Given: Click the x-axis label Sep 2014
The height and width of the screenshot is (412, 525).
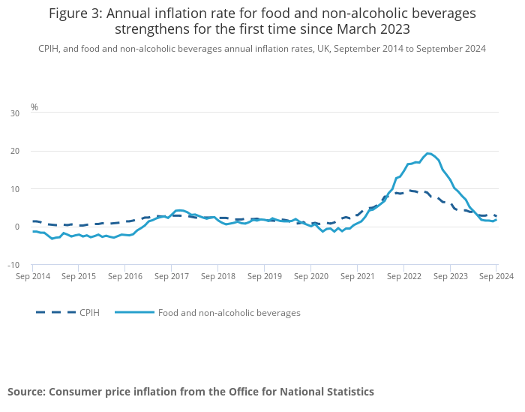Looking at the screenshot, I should (33, 276).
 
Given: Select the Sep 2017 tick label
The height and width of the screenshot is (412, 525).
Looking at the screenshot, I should (172, 276).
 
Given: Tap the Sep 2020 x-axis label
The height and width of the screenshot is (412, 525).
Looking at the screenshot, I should (311, 276).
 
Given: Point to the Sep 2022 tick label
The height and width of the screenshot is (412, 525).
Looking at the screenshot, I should (404, 276).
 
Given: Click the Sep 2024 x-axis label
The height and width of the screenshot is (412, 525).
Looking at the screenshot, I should (496, 276).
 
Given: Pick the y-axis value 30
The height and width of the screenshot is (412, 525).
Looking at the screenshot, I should (15, 113).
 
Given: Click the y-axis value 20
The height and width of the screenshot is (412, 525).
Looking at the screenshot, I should (15, 151).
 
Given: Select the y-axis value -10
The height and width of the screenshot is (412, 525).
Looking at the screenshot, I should (13, 265).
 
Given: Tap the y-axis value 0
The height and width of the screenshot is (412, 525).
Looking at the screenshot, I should (17, 227).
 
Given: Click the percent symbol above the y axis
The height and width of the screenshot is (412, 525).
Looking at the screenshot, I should (34, 107).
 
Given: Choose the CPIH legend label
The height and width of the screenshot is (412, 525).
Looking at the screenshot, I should (89, 313).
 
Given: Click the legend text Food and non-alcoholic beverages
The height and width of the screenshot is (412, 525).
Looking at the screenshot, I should (229, 313).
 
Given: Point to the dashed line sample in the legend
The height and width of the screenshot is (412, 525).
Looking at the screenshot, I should (55, 312).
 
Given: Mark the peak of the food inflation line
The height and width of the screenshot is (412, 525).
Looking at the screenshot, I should (428, 153).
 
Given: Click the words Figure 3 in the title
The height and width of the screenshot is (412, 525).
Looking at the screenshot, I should (74, 14).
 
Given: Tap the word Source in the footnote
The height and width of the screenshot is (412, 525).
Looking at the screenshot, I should (27, 392).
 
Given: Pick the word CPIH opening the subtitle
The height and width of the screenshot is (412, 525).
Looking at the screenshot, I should (49, 49).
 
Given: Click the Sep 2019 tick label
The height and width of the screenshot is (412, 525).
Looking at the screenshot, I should (265, 276).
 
